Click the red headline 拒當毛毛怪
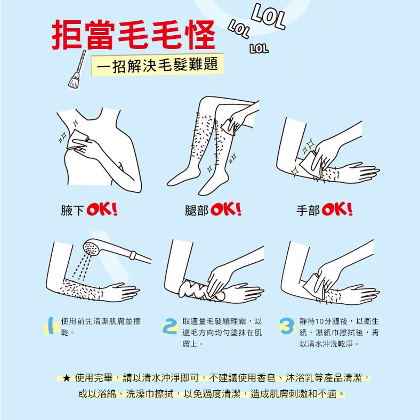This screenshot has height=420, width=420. coord(133,35)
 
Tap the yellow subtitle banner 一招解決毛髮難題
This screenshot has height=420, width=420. coord(157,65)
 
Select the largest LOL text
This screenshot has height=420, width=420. coord(269,17)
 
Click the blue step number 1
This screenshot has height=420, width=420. coord(51,326)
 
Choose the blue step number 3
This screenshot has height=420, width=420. coord(287,326)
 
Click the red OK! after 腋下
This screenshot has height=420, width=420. coord(102,209)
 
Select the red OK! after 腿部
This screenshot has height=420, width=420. coord(226,209)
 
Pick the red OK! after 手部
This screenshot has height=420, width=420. coord(337,209)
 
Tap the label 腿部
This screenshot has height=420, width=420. coord(196,211)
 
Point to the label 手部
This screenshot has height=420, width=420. coord(308,211)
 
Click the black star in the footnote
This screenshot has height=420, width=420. coord(66,378)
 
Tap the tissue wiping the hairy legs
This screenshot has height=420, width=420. coord(229,127)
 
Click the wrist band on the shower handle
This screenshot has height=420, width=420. coord(133,255)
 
